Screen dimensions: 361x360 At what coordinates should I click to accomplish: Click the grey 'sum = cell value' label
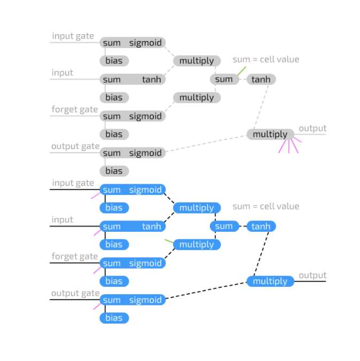coord(265,59)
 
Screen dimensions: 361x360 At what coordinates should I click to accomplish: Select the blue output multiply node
coord(270,281)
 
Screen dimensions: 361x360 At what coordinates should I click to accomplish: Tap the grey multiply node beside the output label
coord(270,135)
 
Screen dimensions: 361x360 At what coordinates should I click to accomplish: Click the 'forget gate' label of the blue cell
coord(75,256)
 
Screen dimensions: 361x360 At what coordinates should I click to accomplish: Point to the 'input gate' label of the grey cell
coord(73,36)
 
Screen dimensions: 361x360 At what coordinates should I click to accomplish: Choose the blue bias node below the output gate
coord(114,318)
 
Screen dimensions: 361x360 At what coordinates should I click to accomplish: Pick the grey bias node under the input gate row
coord(114,61)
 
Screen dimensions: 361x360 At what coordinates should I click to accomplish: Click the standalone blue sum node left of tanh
coord(224,226)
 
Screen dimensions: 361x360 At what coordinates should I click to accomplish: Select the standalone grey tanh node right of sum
coord(261,80)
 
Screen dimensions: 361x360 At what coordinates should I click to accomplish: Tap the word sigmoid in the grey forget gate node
coord(145,116)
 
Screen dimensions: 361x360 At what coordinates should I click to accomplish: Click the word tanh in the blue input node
coord(151,226)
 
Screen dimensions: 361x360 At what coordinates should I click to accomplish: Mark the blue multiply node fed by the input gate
coord(197,208)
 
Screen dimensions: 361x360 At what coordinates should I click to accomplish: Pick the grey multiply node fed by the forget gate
coord(197,98)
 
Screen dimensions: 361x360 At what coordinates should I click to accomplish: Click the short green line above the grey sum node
coord(241,71)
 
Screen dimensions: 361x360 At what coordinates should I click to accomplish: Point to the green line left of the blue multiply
coord(169,241)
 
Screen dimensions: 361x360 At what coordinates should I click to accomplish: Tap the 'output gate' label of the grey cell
coord(75,146)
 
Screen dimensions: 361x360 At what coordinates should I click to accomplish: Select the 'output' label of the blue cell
coord(312,276)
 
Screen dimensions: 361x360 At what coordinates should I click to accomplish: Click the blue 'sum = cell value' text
coord(265,206)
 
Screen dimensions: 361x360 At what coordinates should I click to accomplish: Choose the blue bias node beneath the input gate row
coord(114,208)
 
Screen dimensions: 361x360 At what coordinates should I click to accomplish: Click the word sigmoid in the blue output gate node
coord(145,300)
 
